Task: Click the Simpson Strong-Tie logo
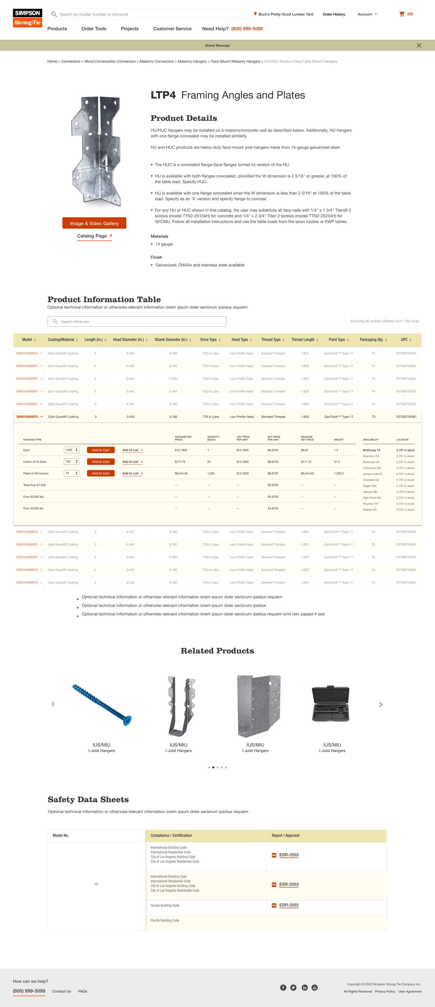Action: [x=27, y=18]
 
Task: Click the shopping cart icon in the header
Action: [x=402, y=14]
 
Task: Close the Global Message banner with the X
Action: [x=419, y=45]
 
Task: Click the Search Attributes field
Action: [x=137, y=321]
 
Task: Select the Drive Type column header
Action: [x=210, y=340]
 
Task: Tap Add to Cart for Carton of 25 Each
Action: [x=101, y=462]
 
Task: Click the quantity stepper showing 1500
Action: [x=72, y=450]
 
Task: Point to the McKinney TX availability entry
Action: [x=372, y=450]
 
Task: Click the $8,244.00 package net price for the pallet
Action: [x=181, y=473]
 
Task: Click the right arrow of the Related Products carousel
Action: [x=381, y=704]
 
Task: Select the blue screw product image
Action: [x=102, y=704]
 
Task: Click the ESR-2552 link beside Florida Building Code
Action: [x=289, y=905]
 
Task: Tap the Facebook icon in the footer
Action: [x=283, y=987]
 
